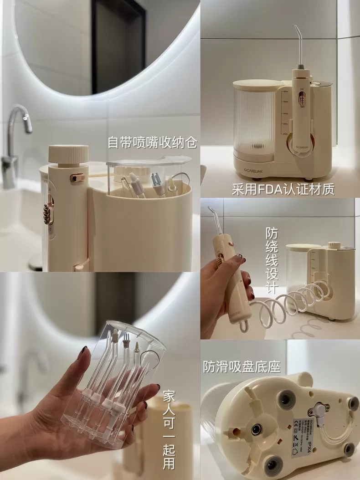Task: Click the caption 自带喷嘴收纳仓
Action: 152,143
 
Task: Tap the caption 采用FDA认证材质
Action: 283,189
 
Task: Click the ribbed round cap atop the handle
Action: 68,155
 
